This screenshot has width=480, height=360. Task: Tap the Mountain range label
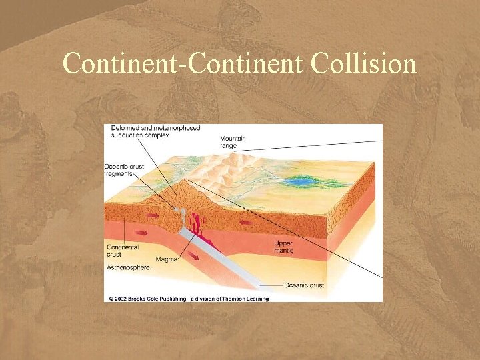click(233, 142)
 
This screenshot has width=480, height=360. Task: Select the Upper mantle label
click(283, 247)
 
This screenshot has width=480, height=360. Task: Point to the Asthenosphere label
click(128, 267)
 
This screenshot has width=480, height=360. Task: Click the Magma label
click(166, 259)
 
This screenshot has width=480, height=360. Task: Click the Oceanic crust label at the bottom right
click(304, 285)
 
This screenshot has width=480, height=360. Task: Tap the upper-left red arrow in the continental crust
click(153, 215)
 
